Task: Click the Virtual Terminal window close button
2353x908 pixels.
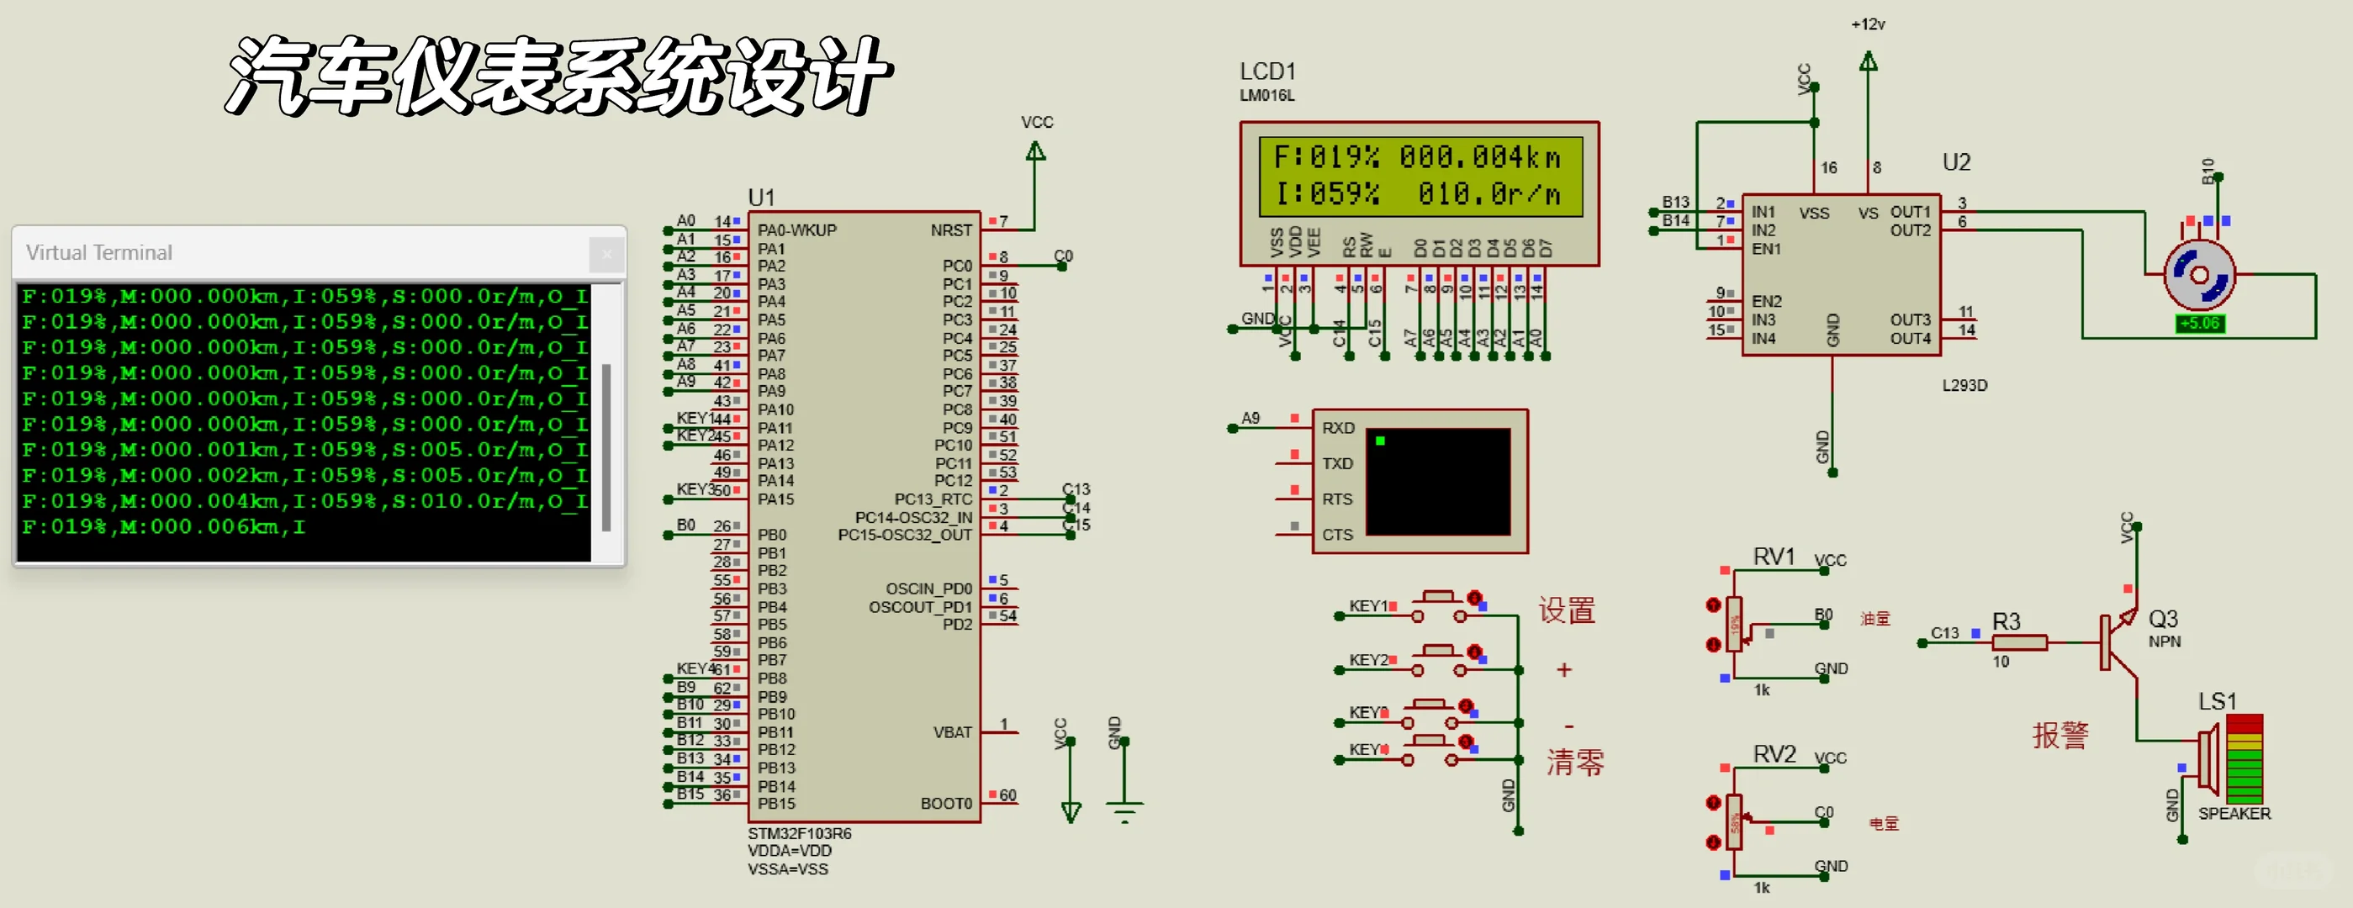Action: [x=605, y=254]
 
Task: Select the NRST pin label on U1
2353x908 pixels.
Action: [x=951, y=230]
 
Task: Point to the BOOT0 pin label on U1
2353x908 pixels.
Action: [x=945, y=803]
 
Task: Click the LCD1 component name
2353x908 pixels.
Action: [x=1267, y=71]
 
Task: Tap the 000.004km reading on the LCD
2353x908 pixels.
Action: [x=1480, y=157]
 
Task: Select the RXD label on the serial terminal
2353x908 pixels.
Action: [x=1337, y=427]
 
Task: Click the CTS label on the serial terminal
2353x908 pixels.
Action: [x=1337, y=535]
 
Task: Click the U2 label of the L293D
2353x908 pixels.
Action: [x=1956, y=162]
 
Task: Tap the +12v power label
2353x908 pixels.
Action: [x=1867, y=24]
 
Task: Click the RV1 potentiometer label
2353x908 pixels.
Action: [x=1773, y=557]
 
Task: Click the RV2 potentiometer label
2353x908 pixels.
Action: [x=1773, y=753]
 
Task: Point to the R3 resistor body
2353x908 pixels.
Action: [x=2018, y=642]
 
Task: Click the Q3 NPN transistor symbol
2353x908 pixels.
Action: [x=2118, y=642]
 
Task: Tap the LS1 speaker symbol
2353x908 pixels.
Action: [x=2211, y=758]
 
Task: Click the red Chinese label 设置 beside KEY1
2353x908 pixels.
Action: [x=1567, y=610]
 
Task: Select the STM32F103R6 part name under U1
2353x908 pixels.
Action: [x=799, y=833]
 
